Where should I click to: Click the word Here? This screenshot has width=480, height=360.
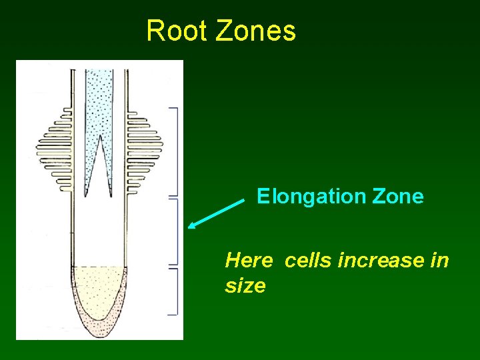tap(249, 260)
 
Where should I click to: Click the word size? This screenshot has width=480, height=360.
tap(245, 286)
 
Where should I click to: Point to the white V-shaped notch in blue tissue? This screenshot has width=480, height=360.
tap(99, 167)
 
